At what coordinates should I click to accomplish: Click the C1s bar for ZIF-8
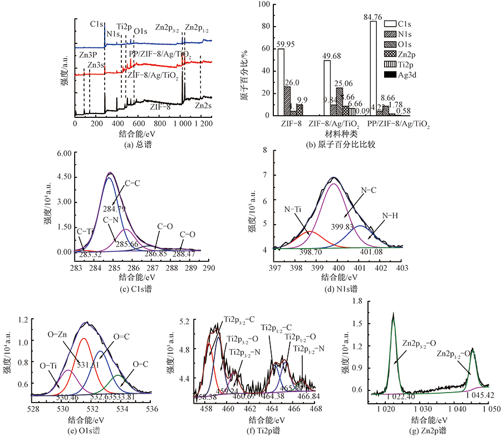click(x=281, y=82)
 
